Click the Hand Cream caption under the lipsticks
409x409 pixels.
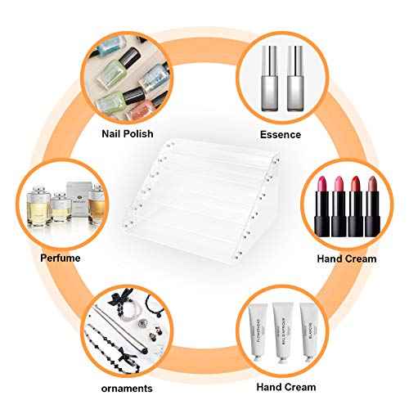tap(347, 258)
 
